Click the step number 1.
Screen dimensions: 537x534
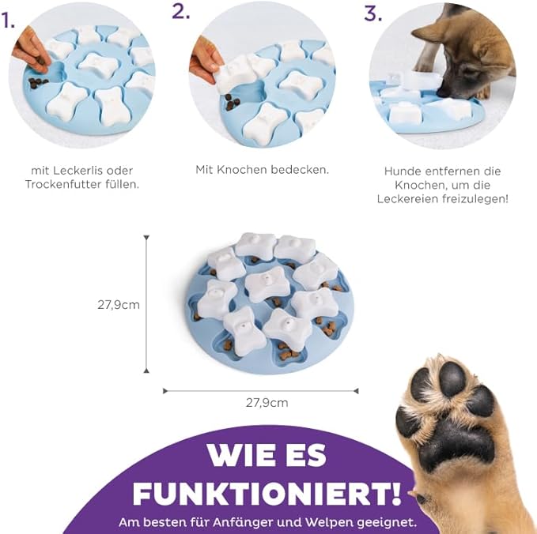8,21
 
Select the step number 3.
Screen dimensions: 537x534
372,13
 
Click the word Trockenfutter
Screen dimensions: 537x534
59,184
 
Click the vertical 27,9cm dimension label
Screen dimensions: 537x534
119,304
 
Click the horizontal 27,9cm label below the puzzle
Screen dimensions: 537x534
267,403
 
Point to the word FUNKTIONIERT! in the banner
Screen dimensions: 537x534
267,494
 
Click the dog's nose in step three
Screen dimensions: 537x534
444,92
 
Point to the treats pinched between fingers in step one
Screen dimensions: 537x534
40,62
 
